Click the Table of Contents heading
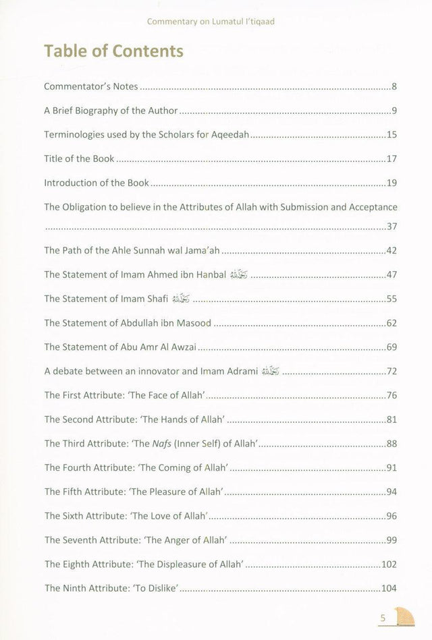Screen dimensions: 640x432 pos(113,51)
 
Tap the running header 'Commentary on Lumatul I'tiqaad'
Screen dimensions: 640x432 pos(211,22)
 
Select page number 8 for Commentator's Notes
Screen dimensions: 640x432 pos(394,87)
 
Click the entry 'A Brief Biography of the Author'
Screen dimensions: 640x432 pos(111,111)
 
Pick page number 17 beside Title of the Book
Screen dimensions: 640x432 pos(391,159)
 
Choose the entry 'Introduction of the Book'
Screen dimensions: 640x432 pos(97,183)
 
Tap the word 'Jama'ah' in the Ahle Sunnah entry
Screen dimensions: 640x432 pos(202,250)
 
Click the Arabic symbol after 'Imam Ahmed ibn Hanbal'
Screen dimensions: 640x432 pos(239,274)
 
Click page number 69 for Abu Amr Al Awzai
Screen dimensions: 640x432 pos(391,347)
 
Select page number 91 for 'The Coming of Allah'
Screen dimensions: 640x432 pos(391,467)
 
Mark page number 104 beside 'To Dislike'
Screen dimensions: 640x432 pos(389,588)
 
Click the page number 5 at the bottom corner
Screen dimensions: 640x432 pos(383,618)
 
